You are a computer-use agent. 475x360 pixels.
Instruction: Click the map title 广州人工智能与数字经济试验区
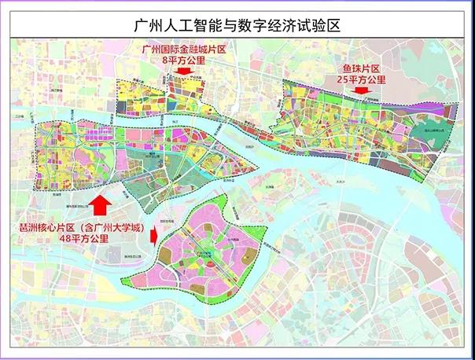coord(237,26)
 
